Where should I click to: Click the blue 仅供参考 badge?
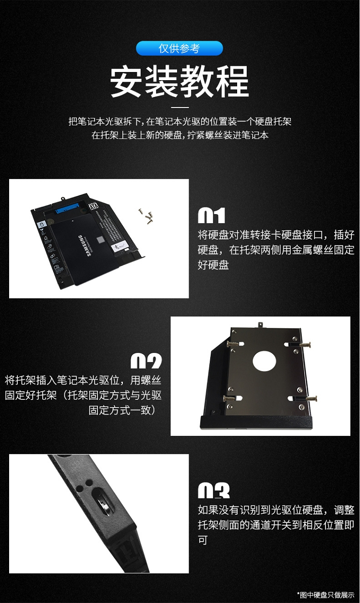(x=180, y=48)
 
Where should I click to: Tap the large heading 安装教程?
(x=180, y=82)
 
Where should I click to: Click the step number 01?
(x=211, y=216)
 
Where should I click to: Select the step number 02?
(x=146, y=361)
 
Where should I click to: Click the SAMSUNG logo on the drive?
(x=86, y=246)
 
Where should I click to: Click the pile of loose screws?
(x=146, y=216)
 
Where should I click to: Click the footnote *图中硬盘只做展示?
(x=326, y=594)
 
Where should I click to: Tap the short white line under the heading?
(x=180, y=108)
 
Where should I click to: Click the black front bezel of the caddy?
(x=256, y=422)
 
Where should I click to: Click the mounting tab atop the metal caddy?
(x=260, y=325)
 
